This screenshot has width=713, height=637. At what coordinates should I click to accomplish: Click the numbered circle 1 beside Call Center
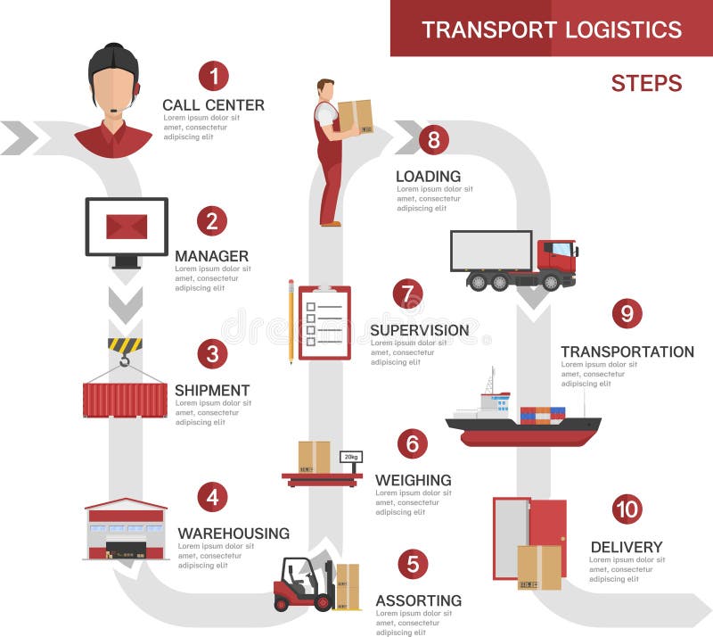tap(214, 75)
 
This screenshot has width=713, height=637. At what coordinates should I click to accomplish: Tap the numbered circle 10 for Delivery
tap(627, 509)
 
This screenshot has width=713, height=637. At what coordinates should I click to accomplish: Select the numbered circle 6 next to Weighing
tap(412, 443)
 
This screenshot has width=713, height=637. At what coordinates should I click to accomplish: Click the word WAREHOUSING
tap(234, 534)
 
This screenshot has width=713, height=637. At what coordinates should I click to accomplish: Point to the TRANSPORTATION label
tap(627, 352)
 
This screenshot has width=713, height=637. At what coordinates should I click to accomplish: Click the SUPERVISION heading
tap(419, 330)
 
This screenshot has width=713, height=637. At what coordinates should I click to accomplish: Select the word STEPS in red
tap(646, 84)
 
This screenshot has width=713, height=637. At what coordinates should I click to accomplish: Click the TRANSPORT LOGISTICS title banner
tap(551, 29)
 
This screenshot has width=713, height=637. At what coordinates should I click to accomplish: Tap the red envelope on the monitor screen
tap(127, 227)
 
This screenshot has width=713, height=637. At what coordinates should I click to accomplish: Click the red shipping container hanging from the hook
tap(125, 400)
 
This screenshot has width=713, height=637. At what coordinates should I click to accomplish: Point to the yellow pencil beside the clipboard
tap(291, 321)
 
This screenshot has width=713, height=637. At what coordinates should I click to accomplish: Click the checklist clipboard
tap(324, 323)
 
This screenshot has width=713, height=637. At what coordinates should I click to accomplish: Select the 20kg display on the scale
tap(350, 457)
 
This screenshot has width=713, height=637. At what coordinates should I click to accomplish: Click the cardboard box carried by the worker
tap(355, 116)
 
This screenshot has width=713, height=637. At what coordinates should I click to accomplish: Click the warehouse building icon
tap(126, 530)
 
